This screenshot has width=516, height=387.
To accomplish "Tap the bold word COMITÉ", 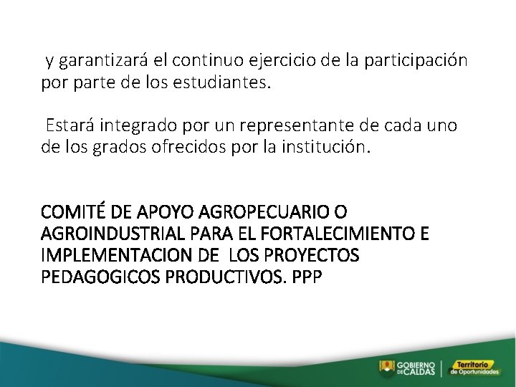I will pyautogui.click(x=70, y=212).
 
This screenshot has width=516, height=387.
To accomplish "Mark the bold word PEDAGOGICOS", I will pyautogui.click(x=101, y=277).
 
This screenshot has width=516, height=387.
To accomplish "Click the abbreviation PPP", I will pyautogui.click(x=307, y=277).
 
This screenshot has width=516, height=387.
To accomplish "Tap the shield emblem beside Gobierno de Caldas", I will pyautogui.click(x=386, y=368).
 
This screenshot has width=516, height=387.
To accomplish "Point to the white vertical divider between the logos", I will pyautogui.click(x=441, y=368).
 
